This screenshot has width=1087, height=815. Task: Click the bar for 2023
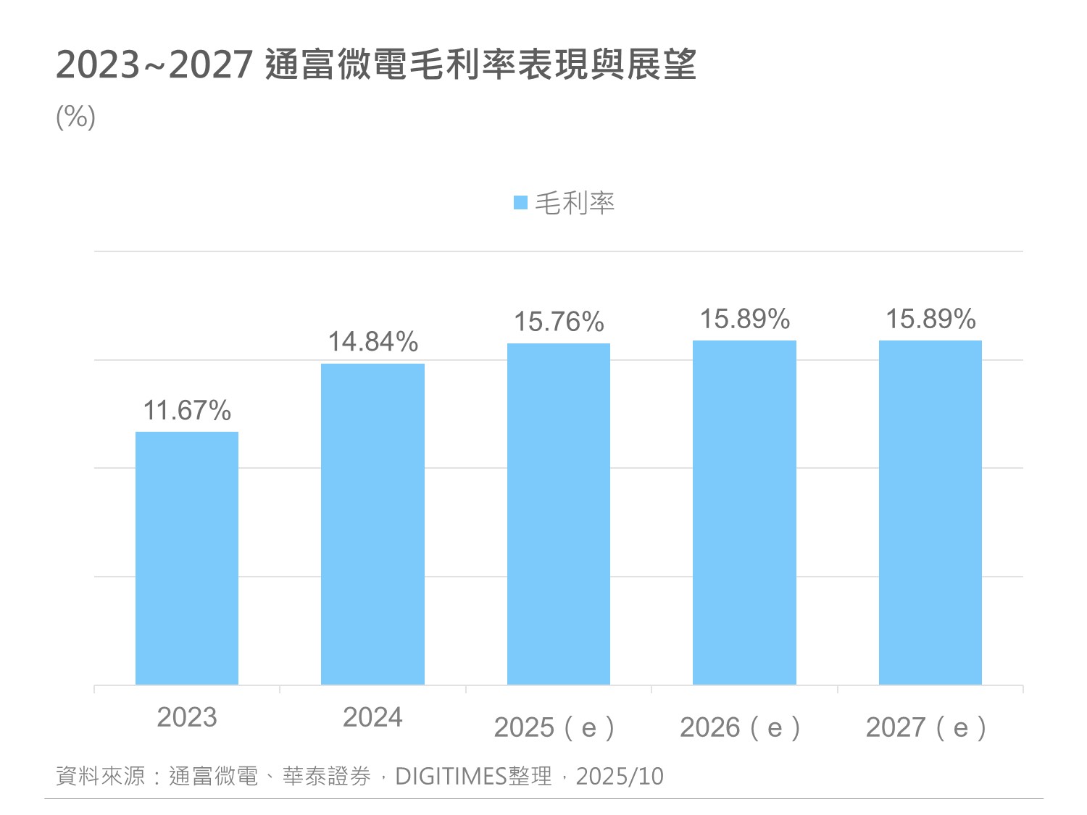click(x=187, y=558)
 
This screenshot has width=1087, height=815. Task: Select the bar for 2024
click(x=372, y=524)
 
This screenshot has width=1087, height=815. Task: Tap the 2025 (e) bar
click(x=559, y=514)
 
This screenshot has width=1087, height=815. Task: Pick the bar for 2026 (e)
click(x=744, y=512)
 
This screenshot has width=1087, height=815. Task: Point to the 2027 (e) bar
click(x=930, y=512)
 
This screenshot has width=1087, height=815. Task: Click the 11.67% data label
click(x=187, y=411)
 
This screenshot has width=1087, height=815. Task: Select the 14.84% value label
click(x=373, y=342)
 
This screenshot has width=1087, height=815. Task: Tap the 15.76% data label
click(x=559, y=322)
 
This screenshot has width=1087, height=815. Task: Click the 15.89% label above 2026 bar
click(x=744, y=319)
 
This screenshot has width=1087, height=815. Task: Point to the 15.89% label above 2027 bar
click(x=930, y=319)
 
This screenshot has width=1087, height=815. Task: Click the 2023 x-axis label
click(x=187, y=717)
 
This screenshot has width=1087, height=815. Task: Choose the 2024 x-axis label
click(x=372, y=717)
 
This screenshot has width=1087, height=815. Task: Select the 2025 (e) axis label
click(x=554, y=727)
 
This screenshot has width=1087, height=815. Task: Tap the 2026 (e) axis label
click(x=740, y=727)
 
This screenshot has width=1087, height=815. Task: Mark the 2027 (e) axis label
click(x=926, y=727)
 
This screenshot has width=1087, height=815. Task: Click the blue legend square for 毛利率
click(x=520, y=203)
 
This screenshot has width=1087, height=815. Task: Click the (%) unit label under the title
click(x=76, y=117)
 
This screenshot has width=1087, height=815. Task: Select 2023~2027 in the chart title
click(x=154, y=65)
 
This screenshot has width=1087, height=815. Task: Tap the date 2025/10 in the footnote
click(x=620, y=777)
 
